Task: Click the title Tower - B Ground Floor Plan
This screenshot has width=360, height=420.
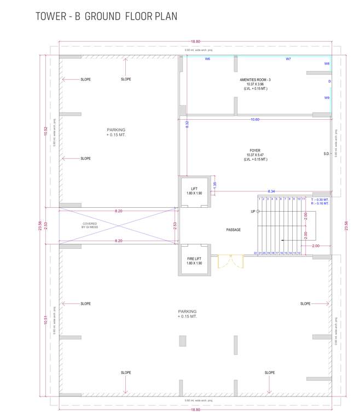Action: (107, 16)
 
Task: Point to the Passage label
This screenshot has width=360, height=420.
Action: (234, 230)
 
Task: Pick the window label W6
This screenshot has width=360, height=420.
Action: (207, 59)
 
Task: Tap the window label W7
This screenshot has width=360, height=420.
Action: (288, 59)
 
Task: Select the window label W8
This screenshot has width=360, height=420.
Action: (327, 64)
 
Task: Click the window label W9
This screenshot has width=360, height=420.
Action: (327, 98)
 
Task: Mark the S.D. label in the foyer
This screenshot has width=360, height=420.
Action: (326, 154)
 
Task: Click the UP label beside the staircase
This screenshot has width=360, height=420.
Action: (253, 211)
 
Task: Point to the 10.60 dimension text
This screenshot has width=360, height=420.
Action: (255, 119)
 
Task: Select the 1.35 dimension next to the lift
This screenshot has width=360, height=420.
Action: (215, 184)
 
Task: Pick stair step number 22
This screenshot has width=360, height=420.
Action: (256, 253)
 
